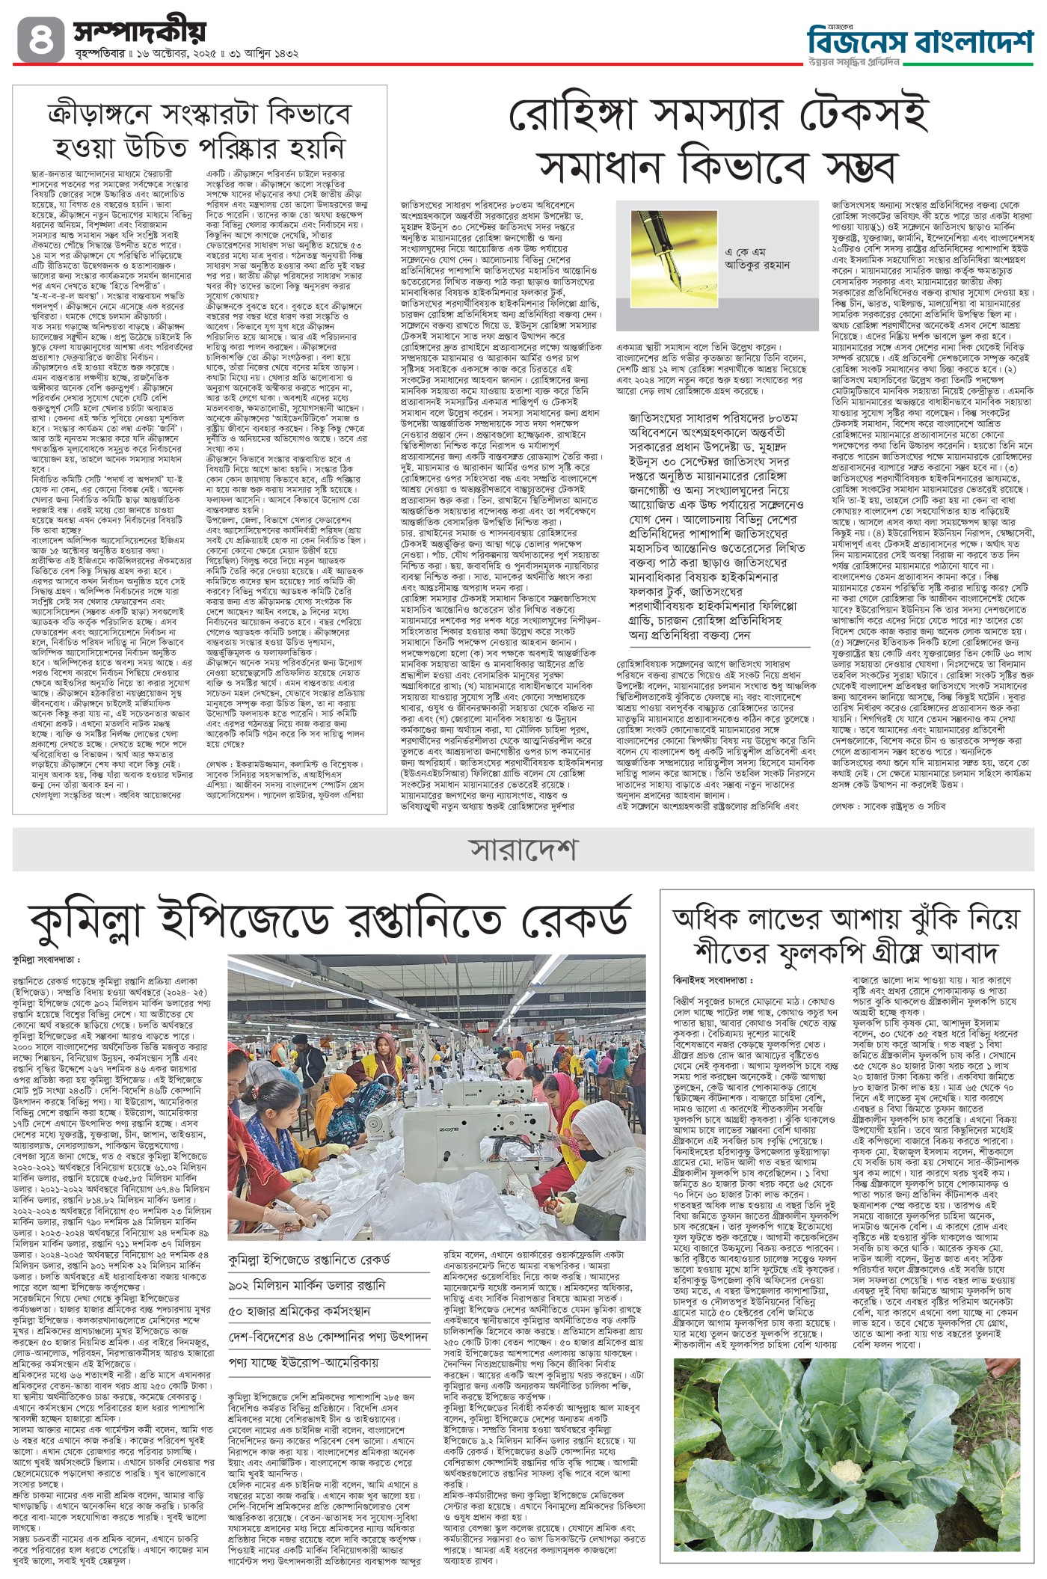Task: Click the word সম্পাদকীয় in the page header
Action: [139, 31]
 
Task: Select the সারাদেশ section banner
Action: [523, 850]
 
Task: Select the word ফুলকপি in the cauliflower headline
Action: [812, 953]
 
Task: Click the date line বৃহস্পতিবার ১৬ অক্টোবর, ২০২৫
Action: [150, 55]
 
